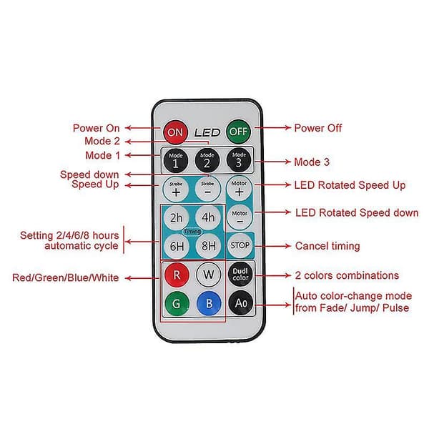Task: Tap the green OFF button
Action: pos(238,132)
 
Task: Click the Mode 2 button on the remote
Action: pos(207,160)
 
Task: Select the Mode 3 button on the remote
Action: pos(239,160)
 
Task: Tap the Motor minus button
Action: pos(240,217)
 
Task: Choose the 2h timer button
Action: pos(176,218)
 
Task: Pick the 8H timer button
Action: pos(209,246)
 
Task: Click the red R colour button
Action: pos(177,275)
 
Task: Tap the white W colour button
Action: pos(209,274)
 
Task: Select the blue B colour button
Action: pos(209,303)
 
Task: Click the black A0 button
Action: pos(241,303)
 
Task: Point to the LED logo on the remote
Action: pos(207,133)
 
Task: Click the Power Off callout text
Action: pos(318,128)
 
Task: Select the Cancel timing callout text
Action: pos(327,246)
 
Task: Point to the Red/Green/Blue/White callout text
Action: pos(66,277)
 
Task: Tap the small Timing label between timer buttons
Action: pos(192,232)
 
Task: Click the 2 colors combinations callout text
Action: pos(347,275)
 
